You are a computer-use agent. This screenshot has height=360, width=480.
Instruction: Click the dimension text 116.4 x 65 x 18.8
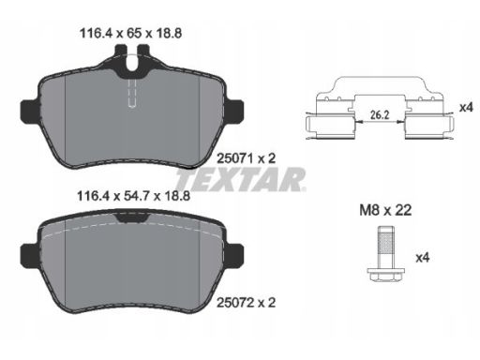pyautogui.click(x=131, y=33)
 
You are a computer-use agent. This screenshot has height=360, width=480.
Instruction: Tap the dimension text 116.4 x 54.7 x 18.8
pyautogui.click(x=133, y=196)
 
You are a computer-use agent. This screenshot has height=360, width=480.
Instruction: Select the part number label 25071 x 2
pyautogui.click(x=247, y=158)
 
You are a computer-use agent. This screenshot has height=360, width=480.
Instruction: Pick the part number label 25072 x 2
pyautogui.click(x=247, y=303)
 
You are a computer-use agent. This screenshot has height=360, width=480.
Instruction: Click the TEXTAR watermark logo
pyautogui.click(x=241, y=179)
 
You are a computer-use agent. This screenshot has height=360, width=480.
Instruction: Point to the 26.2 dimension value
pyautogui.click(x=380, y=115)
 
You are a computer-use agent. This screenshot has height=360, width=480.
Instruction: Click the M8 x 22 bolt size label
pyautogui.click(x=385, y=210)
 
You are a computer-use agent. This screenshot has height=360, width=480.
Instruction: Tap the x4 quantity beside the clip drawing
pyautogui.click(x=466, y=108)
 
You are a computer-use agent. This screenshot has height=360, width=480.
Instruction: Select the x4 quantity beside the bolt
pyautogui.click(x=423, y=258)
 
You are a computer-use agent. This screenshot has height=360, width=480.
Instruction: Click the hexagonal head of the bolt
pyautogui.click(x=386, y=275)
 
